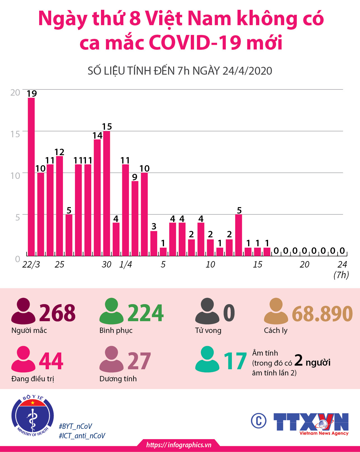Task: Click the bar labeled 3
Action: (x=154, y=243)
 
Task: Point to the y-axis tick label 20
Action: (x=15, y=93)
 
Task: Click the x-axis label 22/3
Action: (x=31, y=264)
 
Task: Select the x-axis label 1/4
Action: (x=126, y=264)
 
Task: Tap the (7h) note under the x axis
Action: (x=341, y=275)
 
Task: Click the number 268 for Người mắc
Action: (x=57, y=313)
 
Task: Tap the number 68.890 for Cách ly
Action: (x=322, y=313)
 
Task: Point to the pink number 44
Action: (x=51, y=361)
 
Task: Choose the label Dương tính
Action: (x=118, y=379)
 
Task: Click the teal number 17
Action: (x=235, y=361)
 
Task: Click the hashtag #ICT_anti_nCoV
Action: (x=82, y=436)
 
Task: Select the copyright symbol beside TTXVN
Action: (x=258, y=421)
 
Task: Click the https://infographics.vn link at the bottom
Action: (x=179, y=445)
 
